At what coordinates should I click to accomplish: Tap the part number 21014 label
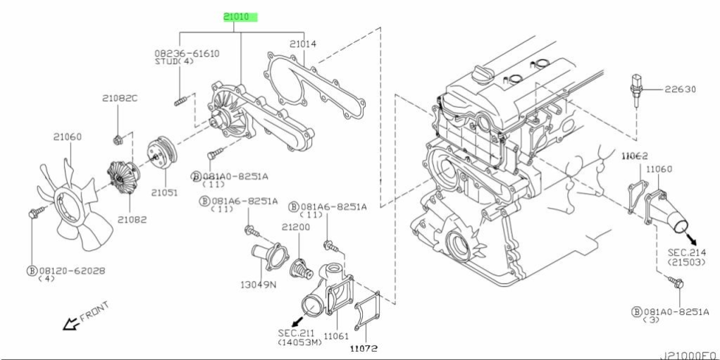pos(303,44)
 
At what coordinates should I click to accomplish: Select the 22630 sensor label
pos(678,89)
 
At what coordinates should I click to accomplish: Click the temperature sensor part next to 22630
pos(635,89)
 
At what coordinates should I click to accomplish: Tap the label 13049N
pos(259,285)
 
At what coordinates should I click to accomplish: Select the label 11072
pos(365,348)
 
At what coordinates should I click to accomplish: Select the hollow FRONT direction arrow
pos(70,324)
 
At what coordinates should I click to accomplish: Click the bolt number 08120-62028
pos(70,270)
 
